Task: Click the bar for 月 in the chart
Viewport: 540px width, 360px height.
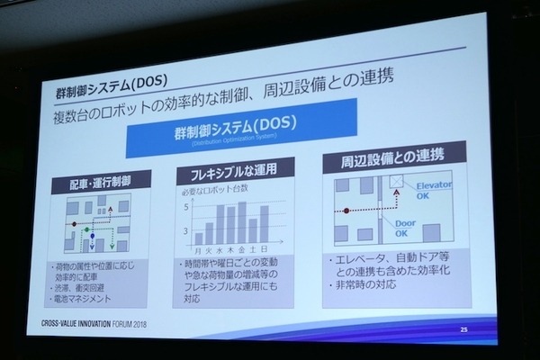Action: point(197,231)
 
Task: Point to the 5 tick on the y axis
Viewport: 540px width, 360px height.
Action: point(186,208)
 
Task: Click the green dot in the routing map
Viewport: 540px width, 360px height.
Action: point(86,231)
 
